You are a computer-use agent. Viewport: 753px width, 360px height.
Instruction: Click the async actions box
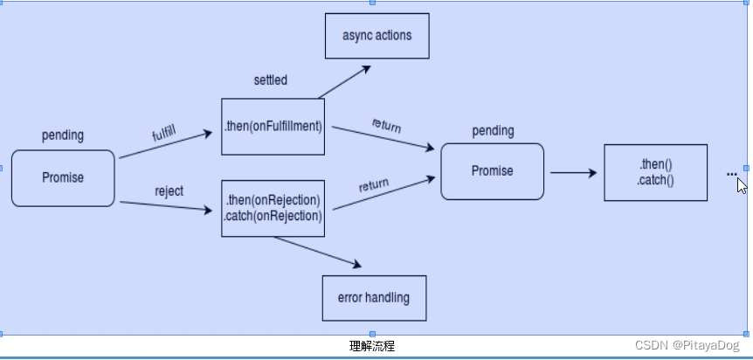pyautogui.click(x=376, y=36)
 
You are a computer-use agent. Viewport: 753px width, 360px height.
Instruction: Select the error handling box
pyautogui.click(x=374, y=298)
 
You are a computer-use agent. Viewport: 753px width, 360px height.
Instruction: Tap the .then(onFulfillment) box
pyautogui.click(x=273, y=126)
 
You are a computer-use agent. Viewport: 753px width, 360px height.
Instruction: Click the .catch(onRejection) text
pyautogui.click(x=273, y=216)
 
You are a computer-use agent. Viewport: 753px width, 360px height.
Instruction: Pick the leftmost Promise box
pyautogui.click(x=63, y=178)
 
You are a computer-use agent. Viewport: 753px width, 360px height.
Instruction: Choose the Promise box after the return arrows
pyautogui.click(x=492, y=172)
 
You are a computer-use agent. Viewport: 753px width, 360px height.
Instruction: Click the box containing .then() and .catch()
pyautogui.click(x=655, y=173)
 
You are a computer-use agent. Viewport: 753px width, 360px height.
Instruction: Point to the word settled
pyautogui.click(x=270, y=80)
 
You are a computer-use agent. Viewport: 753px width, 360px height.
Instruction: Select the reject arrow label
pyautogui.click(x=169, y=191)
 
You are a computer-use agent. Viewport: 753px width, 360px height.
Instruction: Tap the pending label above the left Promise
pyautogui.click(x=63, y=135)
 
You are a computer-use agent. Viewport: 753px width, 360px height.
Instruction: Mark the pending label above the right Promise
pyautogui.click(x=493, y=131)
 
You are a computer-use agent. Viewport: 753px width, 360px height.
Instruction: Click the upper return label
pyautogui.click(x=386, y=125)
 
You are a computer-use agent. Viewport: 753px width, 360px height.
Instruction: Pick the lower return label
pyautogui.click(x=374, y=185)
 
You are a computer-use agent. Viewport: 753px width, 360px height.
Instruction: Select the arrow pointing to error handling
pyautogui.click(x=318, y=251)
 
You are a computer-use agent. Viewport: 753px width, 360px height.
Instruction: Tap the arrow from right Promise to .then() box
pyautogui.click(x=573, y=173)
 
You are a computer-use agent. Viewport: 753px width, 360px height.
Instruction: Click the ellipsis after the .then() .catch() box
pyautogui.click(x=731, y=174)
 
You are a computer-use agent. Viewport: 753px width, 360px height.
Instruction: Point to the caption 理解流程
pyautogui.click(x=372, y=347)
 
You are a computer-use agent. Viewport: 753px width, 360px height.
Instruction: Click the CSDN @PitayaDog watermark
pyautogui.click(x=687, y=347)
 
